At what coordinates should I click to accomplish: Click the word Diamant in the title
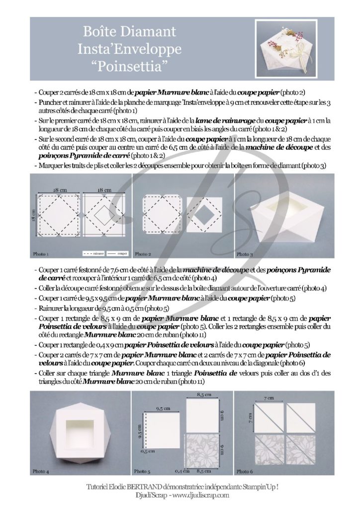point(152,32)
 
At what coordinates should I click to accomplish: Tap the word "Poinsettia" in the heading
point(129,65)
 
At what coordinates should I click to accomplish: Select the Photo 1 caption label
point(41,254)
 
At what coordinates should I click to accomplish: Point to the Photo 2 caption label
point(143,254)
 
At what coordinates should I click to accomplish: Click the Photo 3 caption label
point(244,254)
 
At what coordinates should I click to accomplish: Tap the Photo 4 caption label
point(41,470)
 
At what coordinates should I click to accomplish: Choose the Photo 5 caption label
point(142,470)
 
